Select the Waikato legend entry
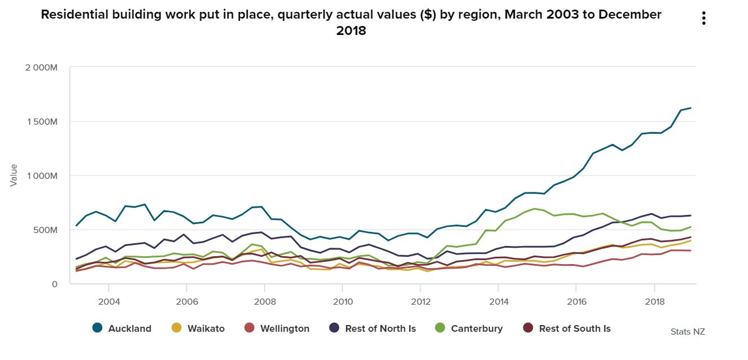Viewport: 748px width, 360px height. tap(199, 328)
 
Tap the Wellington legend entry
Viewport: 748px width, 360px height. tap(277, 328)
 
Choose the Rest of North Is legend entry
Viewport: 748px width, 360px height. tap(373, 328)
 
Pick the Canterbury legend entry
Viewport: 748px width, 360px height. tap(469, 328)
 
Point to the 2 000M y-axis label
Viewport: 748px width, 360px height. tap(41, 68)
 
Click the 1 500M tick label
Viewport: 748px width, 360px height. tap(42, 122)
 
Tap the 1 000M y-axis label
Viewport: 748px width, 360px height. tap(42, 176)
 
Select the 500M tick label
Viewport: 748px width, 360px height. tap(45, 230)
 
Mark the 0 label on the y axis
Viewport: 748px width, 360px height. tap(55, 284)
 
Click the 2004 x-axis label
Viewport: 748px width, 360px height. tap(109, 301)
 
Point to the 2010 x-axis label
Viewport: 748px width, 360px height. tap(342, 301)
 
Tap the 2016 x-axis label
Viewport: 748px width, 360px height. tap(575, 301)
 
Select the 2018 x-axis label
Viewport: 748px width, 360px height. tap(653, 301)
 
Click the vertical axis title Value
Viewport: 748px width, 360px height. tap(14, 175)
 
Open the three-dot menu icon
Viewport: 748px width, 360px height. tap(703, 18)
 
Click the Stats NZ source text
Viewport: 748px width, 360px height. tap(688, 332)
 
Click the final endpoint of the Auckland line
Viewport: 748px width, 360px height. tap(690, 108)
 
